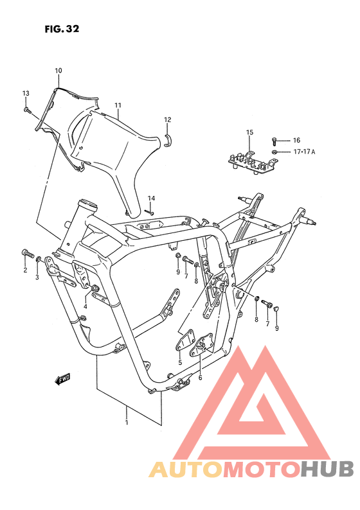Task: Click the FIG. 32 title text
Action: [62, 29]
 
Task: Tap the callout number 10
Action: [59, 71]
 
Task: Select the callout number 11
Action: [118, 105]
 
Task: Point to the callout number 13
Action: [26, 93]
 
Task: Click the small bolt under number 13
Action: [28, 110]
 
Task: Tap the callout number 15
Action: [249, 132]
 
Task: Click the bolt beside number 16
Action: [274, 141]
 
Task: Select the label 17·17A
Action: [304, 152]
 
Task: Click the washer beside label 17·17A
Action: [274, 152]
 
